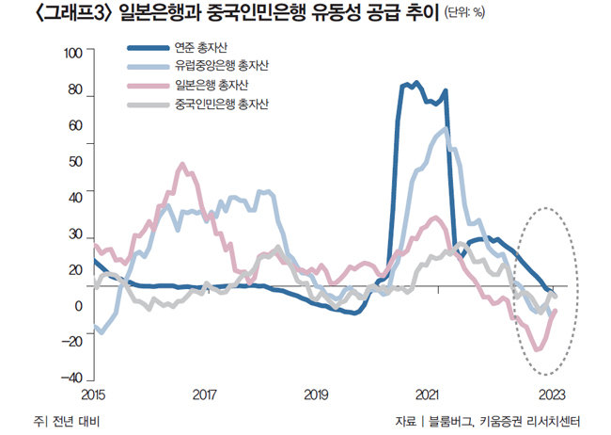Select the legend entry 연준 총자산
tap(202, 48)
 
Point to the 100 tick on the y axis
tap(73, 53)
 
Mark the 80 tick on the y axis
tap(76, 96)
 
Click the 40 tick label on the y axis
tap(76, 190)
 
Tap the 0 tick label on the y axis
tap(80, 306)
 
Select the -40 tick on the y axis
tap(73, 377)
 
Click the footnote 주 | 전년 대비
tap(65, 420)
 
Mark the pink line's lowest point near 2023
tap(537, 349)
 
